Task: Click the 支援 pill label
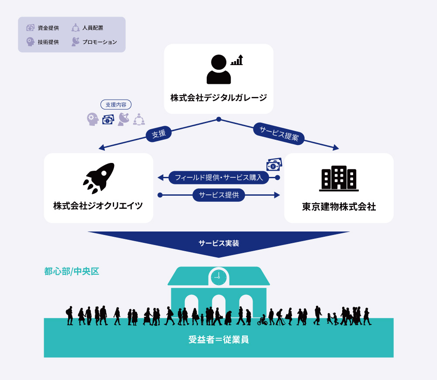click(x=159, y=134)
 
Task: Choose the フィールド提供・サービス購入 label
click(x=218, y=177)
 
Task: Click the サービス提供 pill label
click(x=218, y=195)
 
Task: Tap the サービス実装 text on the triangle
click(x=218, y=244)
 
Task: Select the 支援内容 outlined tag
click(x=116, y=105)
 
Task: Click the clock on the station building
click(x=218, y=276)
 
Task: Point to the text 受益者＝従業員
click(x=218, y=339)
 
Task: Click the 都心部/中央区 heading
click(x=72, y=271)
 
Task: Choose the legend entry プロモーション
click(x=94, y=42)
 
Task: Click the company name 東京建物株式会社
click(x=339, y=207)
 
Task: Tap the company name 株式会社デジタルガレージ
click(x=218, y=97)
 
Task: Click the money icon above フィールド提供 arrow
click(x=274, y=165)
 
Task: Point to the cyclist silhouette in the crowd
click(x=262, y=321)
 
